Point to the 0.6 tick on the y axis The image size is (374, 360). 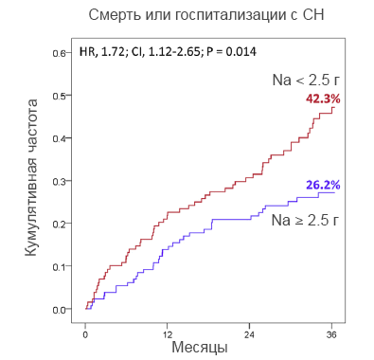click(60, 53)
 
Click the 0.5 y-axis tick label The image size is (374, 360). click(60, 96)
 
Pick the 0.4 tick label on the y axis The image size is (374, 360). click(60, 138)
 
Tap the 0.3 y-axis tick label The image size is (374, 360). click(60, 181)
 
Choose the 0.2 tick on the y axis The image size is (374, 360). click(60, 224)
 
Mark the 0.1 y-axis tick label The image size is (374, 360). click(60, 266)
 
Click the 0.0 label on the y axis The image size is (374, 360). click(60, 309)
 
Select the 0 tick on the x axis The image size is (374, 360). click(85, 333)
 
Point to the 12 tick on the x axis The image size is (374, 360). click(168, 333)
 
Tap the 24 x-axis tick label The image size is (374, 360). click(250, 333)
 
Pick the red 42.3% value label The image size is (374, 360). click(323, 99)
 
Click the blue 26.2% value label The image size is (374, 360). click(323, 184)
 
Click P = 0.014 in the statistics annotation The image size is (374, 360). click(227, 50)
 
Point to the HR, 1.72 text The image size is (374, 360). click(103, 50)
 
